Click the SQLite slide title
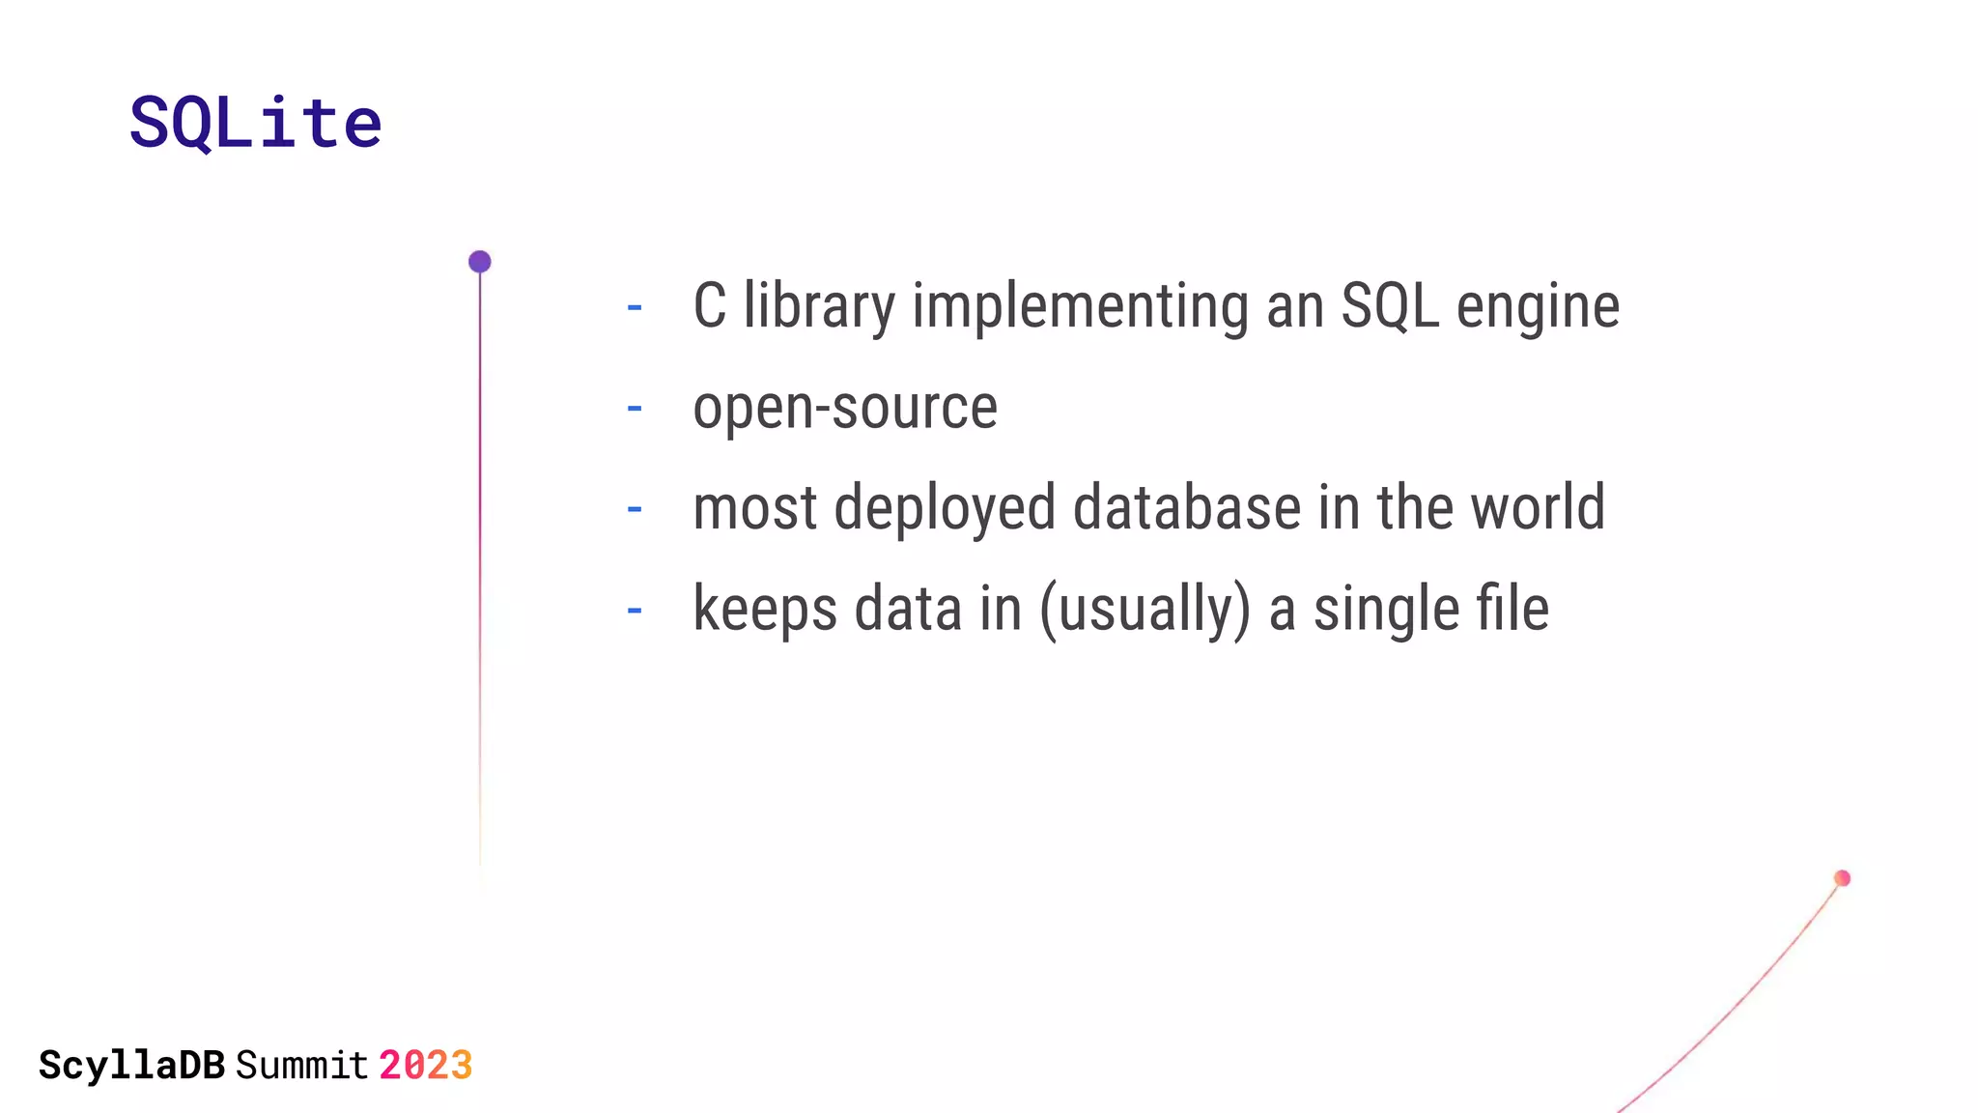[256, 123]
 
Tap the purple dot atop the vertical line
[480, 262]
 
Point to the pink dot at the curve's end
[1842, 878]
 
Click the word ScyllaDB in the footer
[131, 1066]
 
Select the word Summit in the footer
[301, 1066]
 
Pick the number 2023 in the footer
[425, 1066]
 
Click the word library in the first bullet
[819, 306]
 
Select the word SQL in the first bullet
[1389, 306]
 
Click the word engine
[1538, 306]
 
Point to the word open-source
[845, 408]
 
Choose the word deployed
[945, 508]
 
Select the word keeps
[765, 610]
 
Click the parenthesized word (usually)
[1144, 610]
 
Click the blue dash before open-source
[635, 409]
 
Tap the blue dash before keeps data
[635, 611]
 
